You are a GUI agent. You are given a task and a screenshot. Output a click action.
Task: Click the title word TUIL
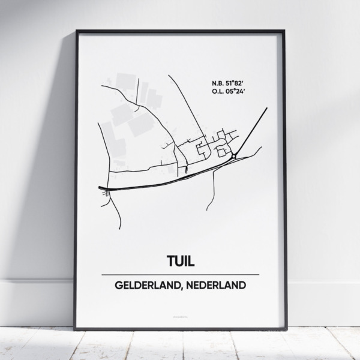(x=179, y=262)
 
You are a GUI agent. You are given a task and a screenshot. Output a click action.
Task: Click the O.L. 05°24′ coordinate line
(x=231, y=92)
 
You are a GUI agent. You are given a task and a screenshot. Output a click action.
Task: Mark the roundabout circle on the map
(x=233, y=156)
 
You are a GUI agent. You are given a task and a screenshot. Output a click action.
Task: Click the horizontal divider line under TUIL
(x=179, y=274)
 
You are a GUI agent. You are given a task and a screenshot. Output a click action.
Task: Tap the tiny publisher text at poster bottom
(x=179, y=316)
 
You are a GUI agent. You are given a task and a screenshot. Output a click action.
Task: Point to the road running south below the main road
(x=212, y=192)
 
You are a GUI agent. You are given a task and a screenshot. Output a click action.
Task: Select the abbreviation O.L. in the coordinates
(x=218, y=92)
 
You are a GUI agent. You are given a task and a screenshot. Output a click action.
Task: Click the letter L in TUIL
(x=193, y=262)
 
